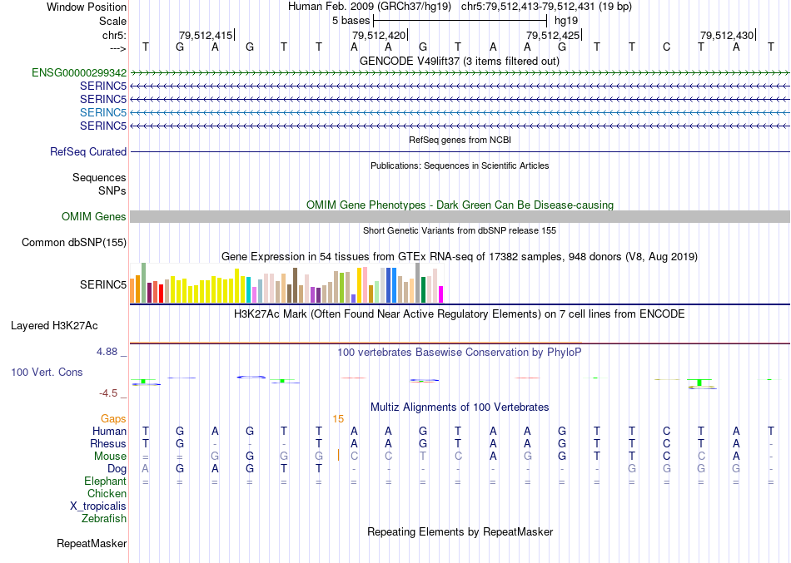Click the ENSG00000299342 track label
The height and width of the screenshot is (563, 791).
[x=79, y=73]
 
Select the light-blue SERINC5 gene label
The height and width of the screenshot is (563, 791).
[x=103, y=112]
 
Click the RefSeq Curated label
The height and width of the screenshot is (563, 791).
[x=88, y=152]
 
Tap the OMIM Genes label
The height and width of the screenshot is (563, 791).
[x=94, y=217]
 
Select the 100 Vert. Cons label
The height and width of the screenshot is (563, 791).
[x=47, y=373]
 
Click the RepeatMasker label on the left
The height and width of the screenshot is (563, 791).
[x=92, y=544]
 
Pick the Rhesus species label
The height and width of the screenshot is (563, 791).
[x=107, y=444]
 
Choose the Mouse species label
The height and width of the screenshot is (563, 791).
[x=110, y=457]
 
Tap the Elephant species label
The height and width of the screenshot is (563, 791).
[x=105, y=482]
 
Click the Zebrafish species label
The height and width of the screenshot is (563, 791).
[x=104, y=519]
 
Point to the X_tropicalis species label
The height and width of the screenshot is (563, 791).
[x=98, y=506]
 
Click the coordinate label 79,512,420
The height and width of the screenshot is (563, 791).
[x=379, y=36]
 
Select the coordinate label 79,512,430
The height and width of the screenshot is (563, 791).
[x=727, y=36]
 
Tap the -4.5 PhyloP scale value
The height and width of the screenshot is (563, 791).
[x=108, y=393]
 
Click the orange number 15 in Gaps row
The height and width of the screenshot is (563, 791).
[x=338, y=419]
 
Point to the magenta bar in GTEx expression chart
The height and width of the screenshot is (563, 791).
[x=441, y=294]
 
